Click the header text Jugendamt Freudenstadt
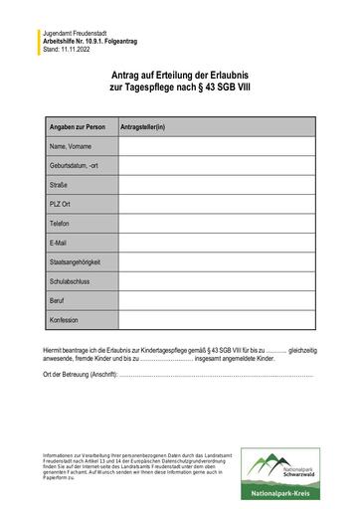coord(75,33)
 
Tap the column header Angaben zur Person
coord(78,128)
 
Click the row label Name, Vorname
coord(71,147)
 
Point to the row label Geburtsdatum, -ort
coord(75,166)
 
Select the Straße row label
coord(59,185)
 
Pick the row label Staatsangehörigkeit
coord(75,262)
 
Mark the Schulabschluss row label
coord(70,281)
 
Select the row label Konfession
coord(64,320)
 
